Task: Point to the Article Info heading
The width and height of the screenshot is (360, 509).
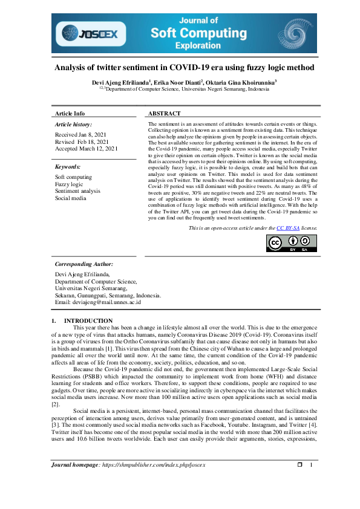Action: point(70,114)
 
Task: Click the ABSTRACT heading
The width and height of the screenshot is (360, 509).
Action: point(164,114)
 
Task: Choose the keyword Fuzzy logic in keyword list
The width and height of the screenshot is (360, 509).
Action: point(69,184)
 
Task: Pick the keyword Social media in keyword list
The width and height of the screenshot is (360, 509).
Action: point(71,198)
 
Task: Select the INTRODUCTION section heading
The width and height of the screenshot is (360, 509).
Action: point(88,320)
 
